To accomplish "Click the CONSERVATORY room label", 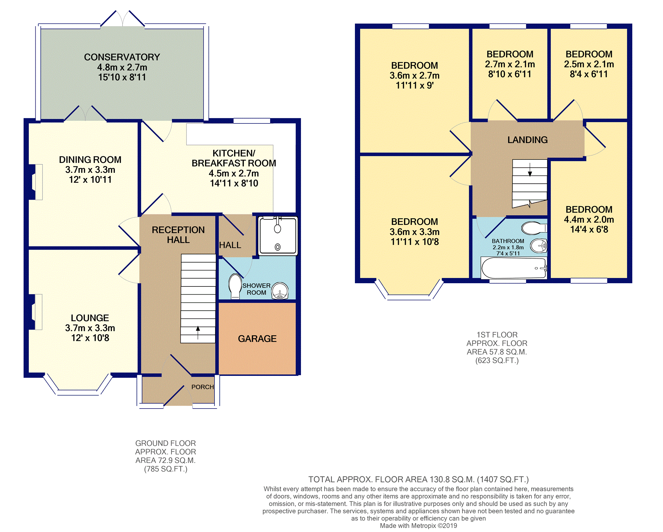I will (122, 57).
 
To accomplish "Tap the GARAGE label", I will (257, 339).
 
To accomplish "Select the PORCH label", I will (202, 387).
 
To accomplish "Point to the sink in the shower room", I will (280, 291).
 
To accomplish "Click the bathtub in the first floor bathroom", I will (513, 268).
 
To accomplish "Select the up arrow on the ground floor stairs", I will (198, 333).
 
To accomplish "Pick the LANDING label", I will (527, 140).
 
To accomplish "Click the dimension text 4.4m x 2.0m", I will (589, 220).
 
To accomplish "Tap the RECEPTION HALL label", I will (178, 235).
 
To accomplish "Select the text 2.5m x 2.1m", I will (589, 64).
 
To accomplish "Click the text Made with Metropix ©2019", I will (418, 526).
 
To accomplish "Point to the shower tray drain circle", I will (278, 247).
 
